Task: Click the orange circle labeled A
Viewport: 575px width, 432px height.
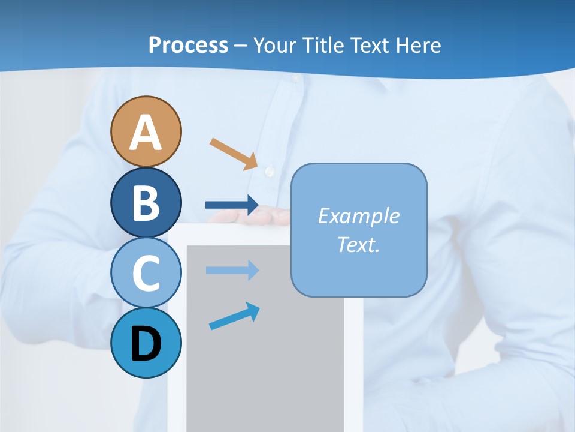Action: pyautogui.click(x=146, y=131)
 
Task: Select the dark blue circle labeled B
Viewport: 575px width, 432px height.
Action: pyautogui.click(x=146, y=202)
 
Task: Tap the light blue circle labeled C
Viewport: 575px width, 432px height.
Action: pyautogui.click(x=146, y=273)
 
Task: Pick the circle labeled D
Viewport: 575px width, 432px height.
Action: pyautogui.click(x=146, y=343)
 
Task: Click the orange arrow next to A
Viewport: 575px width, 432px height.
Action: pyautogui.click(x=234, y=154)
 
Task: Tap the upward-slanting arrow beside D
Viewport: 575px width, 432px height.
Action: pyautogui.click(x=234, y=317)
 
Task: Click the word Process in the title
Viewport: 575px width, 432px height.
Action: pyautogui.click(x=188, y=45)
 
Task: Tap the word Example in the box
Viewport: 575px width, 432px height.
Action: pyautogui.click(x=358, y=216)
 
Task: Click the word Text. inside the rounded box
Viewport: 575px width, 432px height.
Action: pyautogui.click(x=358, y=244)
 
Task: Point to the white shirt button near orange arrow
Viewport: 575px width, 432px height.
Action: pyautogui.click(x=270, y=172)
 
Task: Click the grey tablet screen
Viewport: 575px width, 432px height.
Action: pyautogui.click(x=264, y=360)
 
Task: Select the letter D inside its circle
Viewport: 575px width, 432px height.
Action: pyautogui.click(x=146, y=344)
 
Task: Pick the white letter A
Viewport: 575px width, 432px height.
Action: pyautogui.click(x=146, y=133)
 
